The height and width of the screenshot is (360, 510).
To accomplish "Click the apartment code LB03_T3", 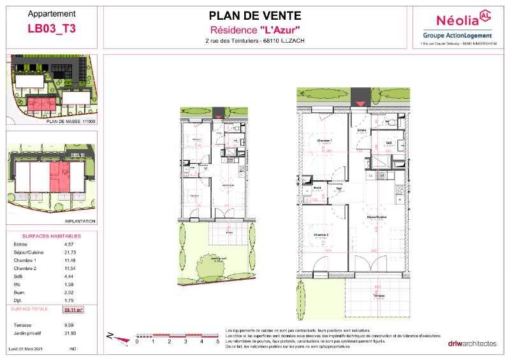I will point(52,28).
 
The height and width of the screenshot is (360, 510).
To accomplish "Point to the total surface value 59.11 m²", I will point(75,310).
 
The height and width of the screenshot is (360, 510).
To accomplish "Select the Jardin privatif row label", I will point(29,333).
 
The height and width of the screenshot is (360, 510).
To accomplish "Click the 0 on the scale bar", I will point(136,342).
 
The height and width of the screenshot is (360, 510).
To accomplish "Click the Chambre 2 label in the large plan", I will point(321,235).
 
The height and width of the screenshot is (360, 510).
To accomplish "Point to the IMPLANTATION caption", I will point(79,222).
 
